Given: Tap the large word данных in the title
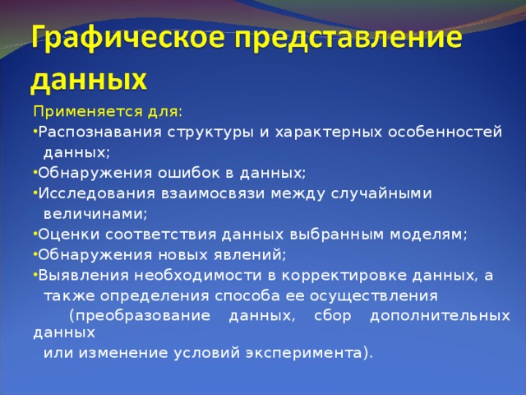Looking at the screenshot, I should (90, 80).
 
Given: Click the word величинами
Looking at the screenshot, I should (95, 214).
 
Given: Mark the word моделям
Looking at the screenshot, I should (432, 235).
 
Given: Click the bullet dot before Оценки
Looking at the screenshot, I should (35, 234).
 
